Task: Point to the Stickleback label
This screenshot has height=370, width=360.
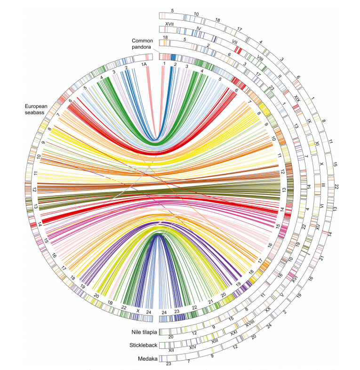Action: click(x=144, y=346)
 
